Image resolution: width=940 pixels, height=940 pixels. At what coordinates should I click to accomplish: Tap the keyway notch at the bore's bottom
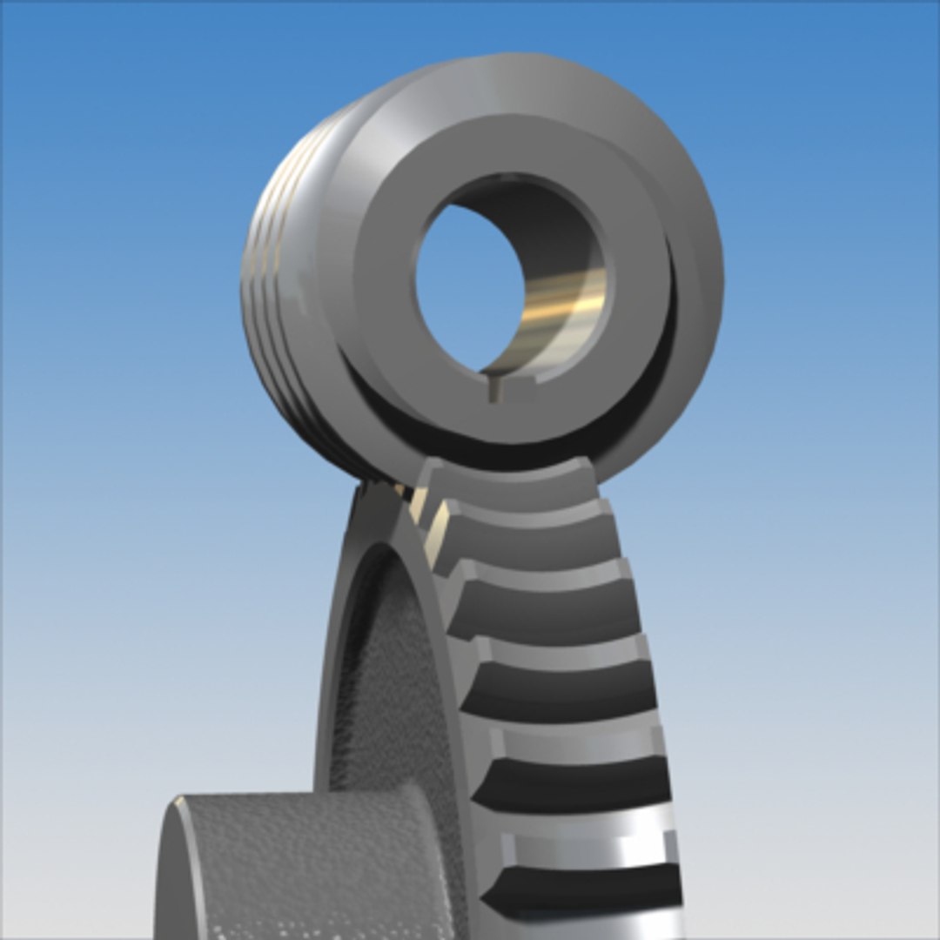[494, 387]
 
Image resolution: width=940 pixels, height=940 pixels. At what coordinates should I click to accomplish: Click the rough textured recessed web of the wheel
[383, 696]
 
